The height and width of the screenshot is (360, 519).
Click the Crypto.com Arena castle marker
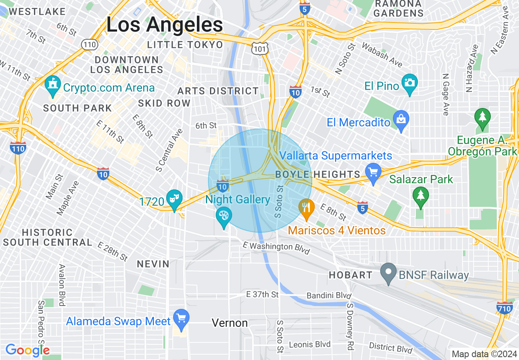point(53,85)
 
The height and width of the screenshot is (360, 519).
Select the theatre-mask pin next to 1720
point(175,199)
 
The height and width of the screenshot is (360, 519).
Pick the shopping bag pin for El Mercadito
point(401,120)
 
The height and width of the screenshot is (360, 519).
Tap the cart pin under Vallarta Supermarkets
point(373,172)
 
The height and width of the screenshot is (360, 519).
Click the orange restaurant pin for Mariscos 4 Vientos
point(306,207)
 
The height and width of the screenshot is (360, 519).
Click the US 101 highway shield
point(260,48)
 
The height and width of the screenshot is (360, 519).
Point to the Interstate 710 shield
point(505,308)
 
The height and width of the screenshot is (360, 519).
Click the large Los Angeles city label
point(165,25)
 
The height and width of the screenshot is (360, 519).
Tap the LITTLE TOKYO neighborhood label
point(185,45)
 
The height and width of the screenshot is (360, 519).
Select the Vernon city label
point(230,323)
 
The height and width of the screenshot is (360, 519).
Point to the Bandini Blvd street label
point(329,295)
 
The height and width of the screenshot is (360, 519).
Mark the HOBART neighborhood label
point(350,275)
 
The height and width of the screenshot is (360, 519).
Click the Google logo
point(27,350)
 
